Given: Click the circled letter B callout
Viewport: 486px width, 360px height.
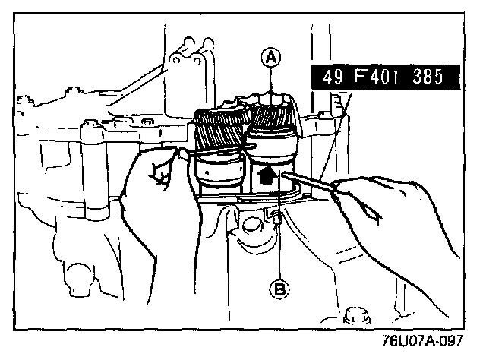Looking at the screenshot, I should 279,289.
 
